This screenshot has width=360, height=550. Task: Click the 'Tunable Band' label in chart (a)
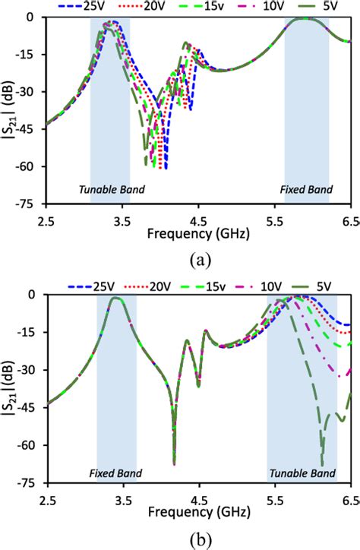point(112,188)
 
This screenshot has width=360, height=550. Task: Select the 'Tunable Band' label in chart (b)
point(302,473)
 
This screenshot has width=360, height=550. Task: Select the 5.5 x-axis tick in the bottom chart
point(275,500)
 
